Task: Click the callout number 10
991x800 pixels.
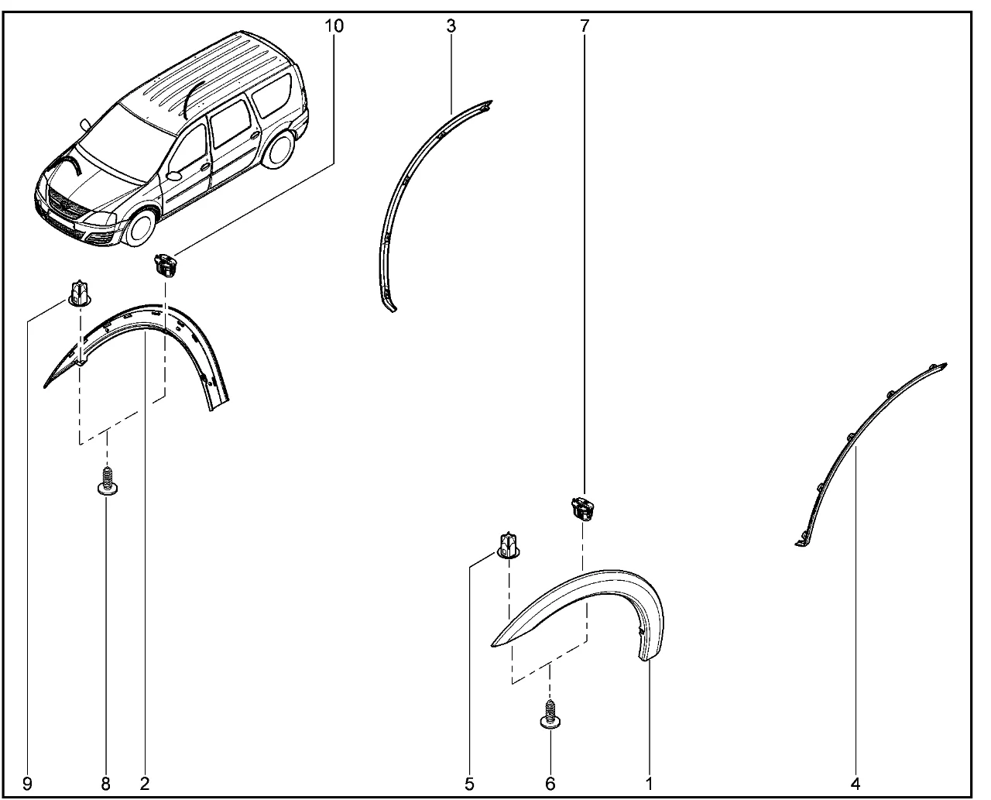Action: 334,26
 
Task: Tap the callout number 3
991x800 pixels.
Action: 451,26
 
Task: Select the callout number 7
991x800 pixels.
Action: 585,26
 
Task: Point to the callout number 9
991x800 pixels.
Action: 27,784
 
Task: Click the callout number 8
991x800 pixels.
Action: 105,784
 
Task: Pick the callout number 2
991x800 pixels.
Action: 145,784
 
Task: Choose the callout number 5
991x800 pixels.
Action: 469,784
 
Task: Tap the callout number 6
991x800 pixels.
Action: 550,784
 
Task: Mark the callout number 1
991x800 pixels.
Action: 649,784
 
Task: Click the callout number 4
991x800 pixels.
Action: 856,784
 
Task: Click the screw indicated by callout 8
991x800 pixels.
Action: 108,481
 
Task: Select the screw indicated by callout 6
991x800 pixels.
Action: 550,714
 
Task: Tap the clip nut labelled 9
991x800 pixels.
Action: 80,294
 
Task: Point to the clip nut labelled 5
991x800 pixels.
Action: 508,545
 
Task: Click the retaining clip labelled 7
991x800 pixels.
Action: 584,508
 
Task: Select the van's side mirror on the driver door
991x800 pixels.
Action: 173,176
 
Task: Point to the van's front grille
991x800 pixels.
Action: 67,205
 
